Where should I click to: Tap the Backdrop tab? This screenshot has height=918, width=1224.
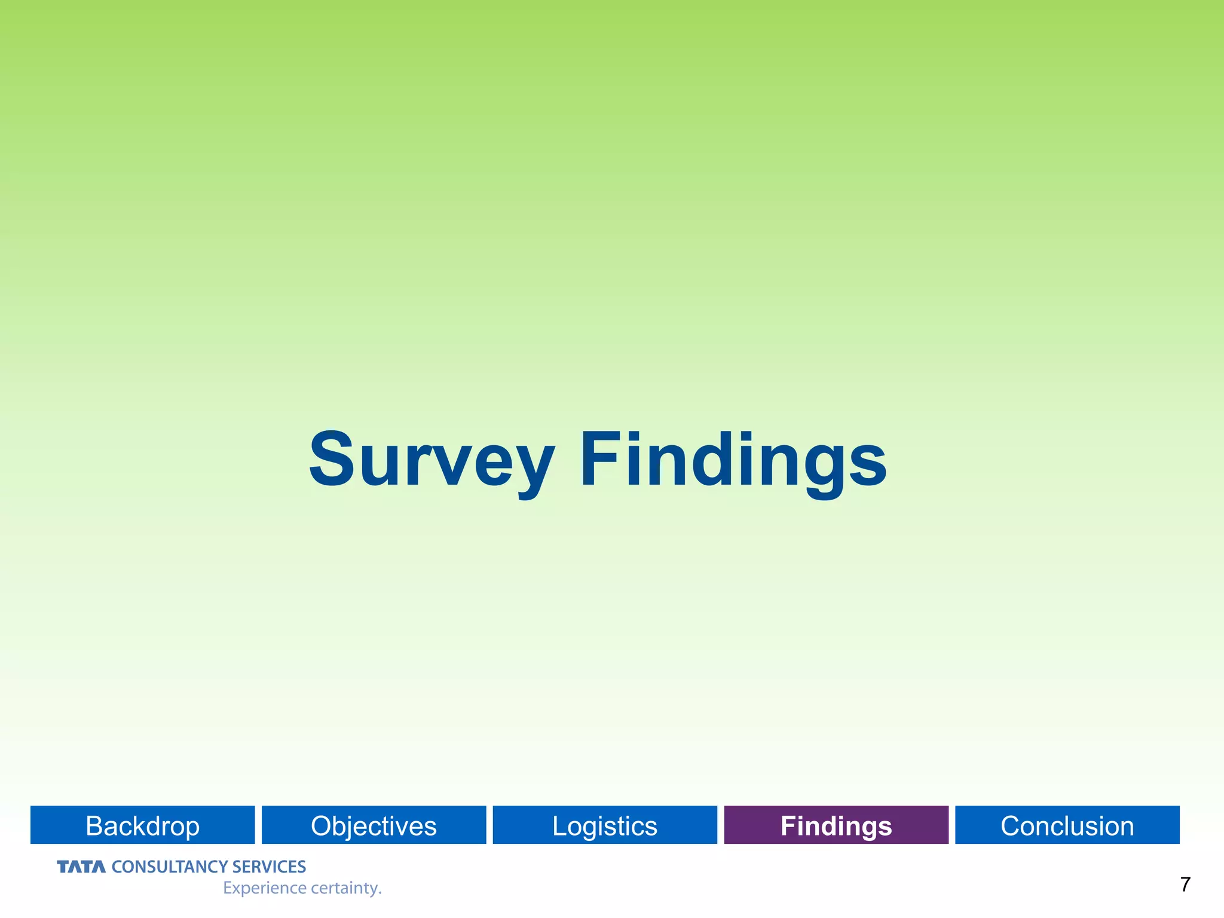(142, 825)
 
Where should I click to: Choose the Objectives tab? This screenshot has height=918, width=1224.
(374, 825)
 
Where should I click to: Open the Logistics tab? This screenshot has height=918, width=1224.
(604, 825)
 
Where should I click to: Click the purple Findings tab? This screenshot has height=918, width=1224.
(836, 825)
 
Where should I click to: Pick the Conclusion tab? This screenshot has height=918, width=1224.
(1067, 825)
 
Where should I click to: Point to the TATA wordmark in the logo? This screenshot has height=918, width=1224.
(81, 867)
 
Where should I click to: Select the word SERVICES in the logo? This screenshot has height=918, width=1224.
(269, 867)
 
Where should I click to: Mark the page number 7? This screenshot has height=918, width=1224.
(1185, 885)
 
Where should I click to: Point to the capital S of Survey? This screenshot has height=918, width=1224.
(332, 459)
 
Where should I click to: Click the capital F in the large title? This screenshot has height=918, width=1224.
(599, 459)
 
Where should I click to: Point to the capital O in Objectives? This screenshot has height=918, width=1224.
(322, 826)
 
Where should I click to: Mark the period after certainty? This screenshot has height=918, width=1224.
(380, 893)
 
